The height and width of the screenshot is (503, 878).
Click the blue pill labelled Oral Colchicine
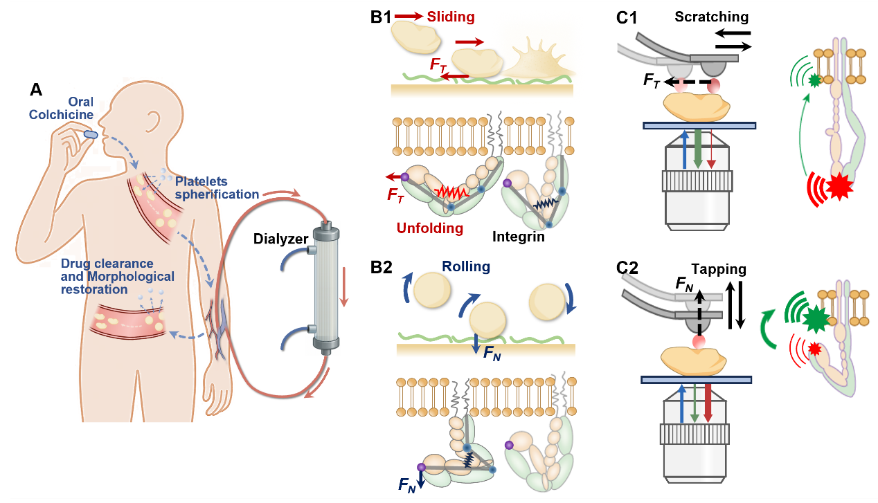pos(91,134)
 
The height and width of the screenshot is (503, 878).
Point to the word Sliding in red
pos(450,16)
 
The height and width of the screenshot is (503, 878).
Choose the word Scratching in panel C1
pos(711,17)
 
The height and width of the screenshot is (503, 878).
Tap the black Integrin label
pos(519,237)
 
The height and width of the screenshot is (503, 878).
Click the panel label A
pos(37,89)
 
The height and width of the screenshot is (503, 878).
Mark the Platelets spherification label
pos(217,188)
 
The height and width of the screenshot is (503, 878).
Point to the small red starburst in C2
pos(812,348)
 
